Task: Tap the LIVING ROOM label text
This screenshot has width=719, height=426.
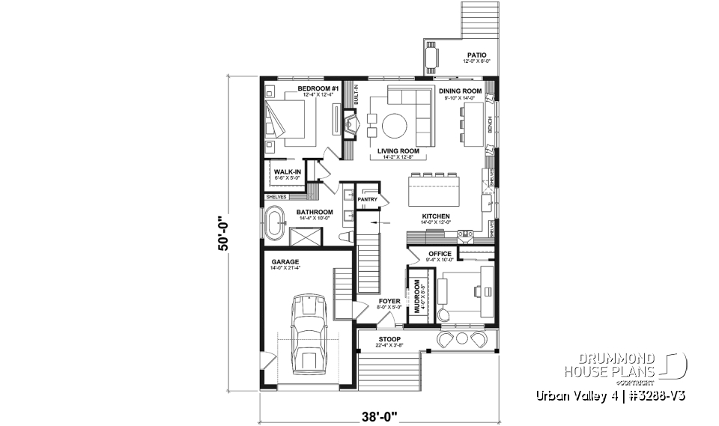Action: [x=398, y=151]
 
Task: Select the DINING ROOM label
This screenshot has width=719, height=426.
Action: [x=460, y=91]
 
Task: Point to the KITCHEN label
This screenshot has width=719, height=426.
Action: [x=434, y=216]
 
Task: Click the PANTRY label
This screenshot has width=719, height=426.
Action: [x=367, y=200]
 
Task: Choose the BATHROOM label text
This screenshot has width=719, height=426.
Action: [x=314, y=212]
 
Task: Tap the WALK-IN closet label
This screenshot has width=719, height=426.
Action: [x=288, y=172]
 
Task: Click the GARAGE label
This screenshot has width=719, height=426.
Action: [x=285, y=262]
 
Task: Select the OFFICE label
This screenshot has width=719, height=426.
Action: [x=440, y=254]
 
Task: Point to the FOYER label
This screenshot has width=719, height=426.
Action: [x=389, y=301]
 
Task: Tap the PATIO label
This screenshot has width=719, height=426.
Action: [x=476, y=55]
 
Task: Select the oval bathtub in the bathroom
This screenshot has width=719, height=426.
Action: [x=276, y=222]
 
